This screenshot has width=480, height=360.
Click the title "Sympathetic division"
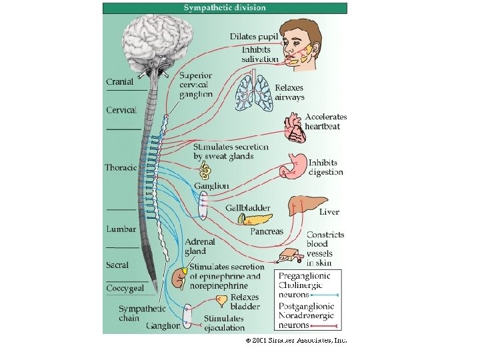click(x=224, y=8)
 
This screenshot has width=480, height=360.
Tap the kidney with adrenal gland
click(x=179, y=277)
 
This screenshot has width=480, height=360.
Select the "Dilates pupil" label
click(x=254, y=36)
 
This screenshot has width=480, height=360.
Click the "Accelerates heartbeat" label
click(x=326, y=121)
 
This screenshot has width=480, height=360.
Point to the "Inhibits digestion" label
click(x=325, y=167)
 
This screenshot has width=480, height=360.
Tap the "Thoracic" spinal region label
click(x=120, y=167)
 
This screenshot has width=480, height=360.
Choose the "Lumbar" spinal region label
click(x=121, y=229)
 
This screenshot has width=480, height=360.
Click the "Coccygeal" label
click(x=125, y=289)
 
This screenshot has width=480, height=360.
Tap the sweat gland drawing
click(x=208, y=171)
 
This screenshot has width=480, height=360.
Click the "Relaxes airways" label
click(x=289, y=92)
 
